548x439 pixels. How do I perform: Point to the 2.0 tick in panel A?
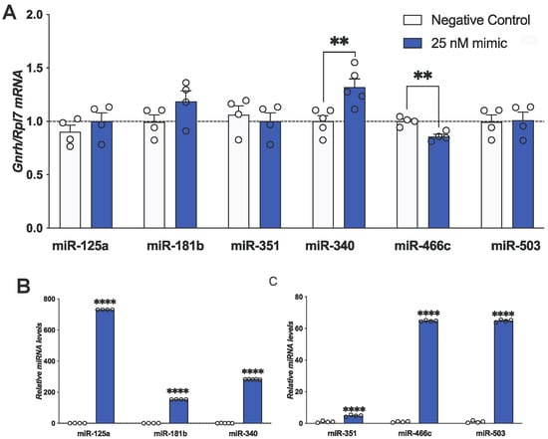click(x=57, y=16)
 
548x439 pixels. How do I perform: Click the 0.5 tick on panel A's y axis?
click(x=57, y=174)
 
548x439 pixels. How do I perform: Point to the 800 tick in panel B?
click(x=46, y=300)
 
